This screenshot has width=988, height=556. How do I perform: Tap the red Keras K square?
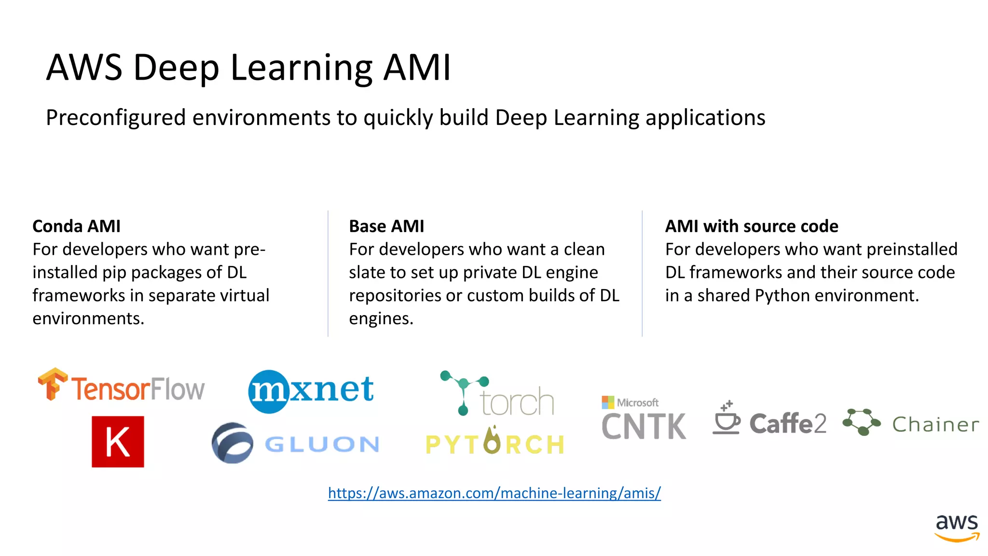tap(118, 442)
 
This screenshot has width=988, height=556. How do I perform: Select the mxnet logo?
tap(311, 390)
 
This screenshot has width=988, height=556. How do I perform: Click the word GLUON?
tap(322, 445)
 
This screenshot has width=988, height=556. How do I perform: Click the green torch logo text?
tap(517, 402)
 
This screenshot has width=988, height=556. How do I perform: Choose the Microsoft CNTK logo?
tap(644, 419)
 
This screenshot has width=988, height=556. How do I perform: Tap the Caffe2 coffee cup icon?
tap(726, 419)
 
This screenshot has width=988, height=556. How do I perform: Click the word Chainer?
tap(935, 425)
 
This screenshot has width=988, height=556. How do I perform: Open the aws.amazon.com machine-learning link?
tap(494, 493)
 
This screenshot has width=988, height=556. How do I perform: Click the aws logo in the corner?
tap(957, 527)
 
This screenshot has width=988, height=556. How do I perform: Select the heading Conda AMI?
tap(76, 226)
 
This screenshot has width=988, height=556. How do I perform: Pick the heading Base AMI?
tap(386, 226)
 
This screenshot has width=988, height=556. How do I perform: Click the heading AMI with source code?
tap(752, 226)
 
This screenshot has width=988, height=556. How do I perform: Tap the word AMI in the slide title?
tap(417, 67)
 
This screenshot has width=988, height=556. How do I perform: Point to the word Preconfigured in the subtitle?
tap(116, 118)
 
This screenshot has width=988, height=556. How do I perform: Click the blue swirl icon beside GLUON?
tap(232, 443)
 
